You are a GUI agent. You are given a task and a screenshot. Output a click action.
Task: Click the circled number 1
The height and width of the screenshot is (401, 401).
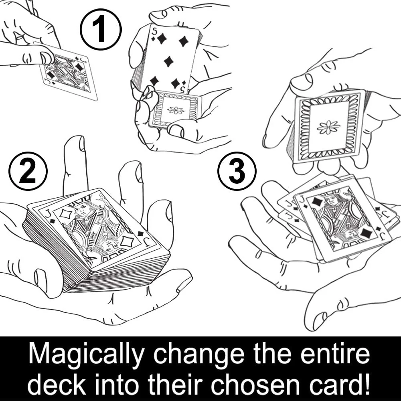tap(101, 29)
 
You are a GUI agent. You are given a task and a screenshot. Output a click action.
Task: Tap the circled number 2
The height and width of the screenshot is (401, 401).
tap(28, 170)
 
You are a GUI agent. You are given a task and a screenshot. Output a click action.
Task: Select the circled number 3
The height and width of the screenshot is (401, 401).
tap(237, 170)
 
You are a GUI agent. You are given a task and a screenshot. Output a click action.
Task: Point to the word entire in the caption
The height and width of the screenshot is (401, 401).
tap(335, 353)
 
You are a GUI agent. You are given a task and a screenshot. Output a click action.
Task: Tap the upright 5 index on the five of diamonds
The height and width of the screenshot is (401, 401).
tap(154, 32)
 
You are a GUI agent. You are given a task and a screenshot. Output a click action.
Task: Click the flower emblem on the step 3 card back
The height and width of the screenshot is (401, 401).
tap(328, 127)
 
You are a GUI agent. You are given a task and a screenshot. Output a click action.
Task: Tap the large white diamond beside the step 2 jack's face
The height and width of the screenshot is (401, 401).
tap(65, 214)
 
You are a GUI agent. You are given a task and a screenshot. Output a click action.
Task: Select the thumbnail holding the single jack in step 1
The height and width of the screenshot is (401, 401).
tap(47, 58)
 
